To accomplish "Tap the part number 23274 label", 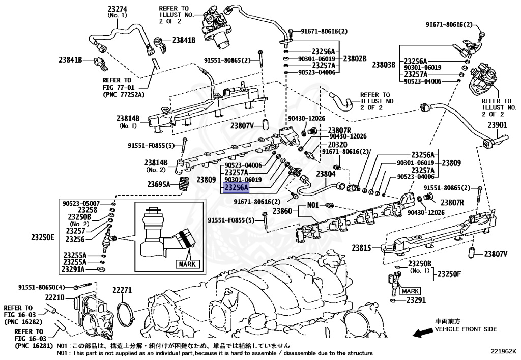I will tap(118, 8).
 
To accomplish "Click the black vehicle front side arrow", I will tap(421, 333).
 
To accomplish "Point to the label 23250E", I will tap(42, 237).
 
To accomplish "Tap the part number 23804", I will tap(326, 174).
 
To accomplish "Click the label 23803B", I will tap(384, 65).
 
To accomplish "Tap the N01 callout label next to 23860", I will tap(312, 205).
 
